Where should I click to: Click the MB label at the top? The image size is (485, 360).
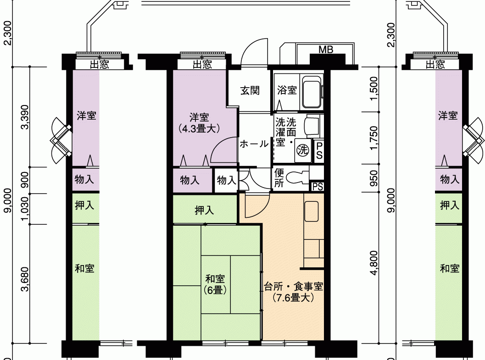click(326, 50)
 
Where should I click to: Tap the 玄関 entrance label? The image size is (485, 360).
click(250, 90)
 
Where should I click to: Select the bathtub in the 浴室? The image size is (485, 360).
click(312, 91)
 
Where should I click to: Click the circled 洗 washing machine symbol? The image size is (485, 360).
click(302, 150)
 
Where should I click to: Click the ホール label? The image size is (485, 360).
click(254, 144)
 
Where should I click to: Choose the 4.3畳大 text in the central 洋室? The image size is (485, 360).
click(199, 128)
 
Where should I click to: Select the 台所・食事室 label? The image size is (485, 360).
click(294, 287)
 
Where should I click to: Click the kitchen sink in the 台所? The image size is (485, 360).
click(312, 211)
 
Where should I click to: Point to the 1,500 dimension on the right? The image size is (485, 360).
click(374, 89)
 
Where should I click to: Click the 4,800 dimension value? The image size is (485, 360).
click(374, 263)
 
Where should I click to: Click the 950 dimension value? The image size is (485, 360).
click(374, 178)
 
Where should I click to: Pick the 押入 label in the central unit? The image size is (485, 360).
click(204, 210)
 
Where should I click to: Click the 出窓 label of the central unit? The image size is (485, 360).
click(202, 64)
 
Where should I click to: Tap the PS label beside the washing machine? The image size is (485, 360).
click(319, 150)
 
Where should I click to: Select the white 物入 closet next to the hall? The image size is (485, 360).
click(226, 180)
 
